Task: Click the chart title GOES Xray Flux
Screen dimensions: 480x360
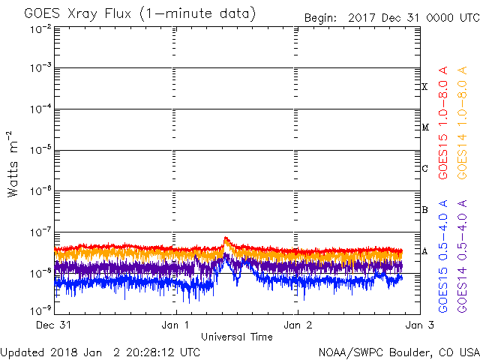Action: [x=77, y=13]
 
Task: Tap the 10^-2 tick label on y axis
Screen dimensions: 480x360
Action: [x=40, y=30]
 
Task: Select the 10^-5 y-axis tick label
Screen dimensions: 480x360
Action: [x=40, y=150]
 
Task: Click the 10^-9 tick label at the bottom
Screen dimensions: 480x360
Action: [x=40, y=310]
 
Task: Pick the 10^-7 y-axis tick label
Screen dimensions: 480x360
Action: [x=40, y=232]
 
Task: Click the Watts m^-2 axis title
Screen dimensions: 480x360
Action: [x=13, y=164]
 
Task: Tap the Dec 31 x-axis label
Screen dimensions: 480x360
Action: [x=53, y=325]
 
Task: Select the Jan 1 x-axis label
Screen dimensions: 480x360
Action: [x=175, y=325]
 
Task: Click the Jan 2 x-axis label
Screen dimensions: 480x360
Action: [x=298, y=325]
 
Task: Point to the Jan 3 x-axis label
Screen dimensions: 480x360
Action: [x=419, y=325]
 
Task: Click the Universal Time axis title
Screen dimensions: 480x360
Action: [x=237, y=337]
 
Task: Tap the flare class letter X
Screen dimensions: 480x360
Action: [x=424, y=87]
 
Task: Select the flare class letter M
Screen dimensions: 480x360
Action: [x=425, y=127]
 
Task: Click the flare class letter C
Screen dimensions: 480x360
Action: [x=424, y=168]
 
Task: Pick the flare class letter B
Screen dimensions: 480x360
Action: [x=424, y=210]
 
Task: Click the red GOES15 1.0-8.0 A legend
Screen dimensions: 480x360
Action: [x=443, y=122]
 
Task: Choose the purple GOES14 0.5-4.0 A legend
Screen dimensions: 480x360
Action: [x=462, y=256]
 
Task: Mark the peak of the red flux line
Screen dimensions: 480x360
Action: [x=226, y=237]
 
